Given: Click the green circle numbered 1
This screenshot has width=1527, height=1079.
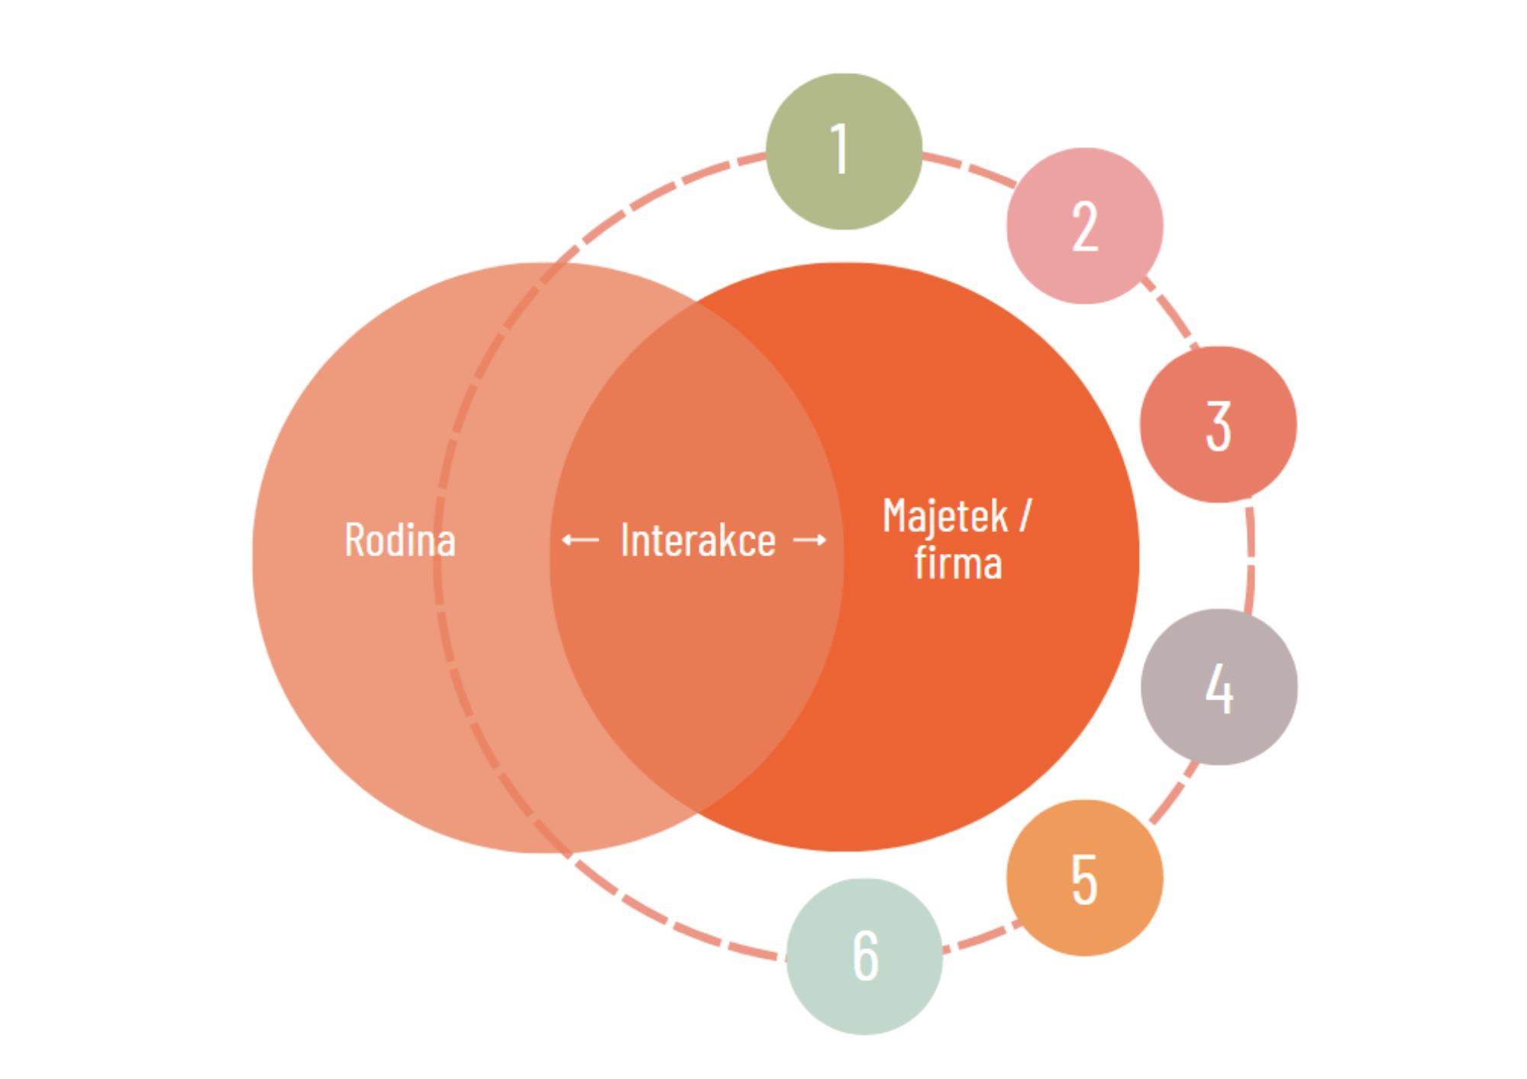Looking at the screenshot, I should [x=844, y=151].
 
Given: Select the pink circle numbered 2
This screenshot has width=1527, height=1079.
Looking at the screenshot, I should [x=1085, y=226].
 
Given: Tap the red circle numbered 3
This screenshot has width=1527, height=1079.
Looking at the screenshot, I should [x=1218, y=424].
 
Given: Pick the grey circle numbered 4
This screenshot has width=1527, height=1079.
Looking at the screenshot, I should [x=1219, y=687].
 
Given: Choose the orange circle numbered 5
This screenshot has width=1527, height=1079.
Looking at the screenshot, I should [x=1084, y=878].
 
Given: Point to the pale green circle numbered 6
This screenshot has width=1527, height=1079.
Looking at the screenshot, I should [x=864, y=956].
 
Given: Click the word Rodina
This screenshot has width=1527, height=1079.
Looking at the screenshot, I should [x=400, y=539].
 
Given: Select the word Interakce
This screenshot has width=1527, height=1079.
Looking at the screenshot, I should [x=698, y=540].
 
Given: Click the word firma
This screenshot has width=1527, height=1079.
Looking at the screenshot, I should [x=958, y=563].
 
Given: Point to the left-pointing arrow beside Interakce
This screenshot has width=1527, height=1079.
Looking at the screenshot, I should [x=580, y=540].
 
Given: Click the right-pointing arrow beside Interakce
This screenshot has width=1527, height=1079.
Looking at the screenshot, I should [x=810, y=540].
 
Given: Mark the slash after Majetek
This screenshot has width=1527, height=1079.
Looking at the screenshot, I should [x=1025, y=516].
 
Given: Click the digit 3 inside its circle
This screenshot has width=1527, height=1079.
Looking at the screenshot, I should [x=1219, y=425].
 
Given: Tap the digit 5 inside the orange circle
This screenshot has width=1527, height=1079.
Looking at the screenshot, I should [x=1085, y=879].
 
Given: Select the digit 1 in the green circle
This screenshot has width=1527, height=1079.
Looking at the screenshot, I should [x=840, y=149].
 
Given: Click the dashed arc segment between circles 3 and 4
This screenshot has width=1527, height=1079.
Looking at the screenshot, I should [x=1251, y=556].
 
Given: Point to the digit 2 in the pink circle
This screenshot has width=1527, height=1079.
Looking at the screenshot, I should [x=1085, y=227].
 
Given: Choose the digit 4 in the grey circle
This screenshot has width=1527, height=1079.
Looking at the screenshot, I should [x=1219, y=688].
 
